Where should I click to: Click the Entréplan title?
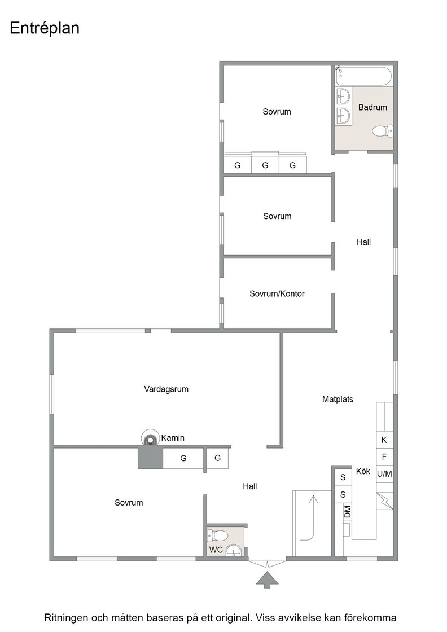pyautogui.click(x=45, y=28)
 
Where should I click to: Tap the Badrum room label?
pyautogui.click(x=373, y=107)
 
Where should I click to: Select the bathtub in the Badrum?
pyautogui.click(x=363, y=76)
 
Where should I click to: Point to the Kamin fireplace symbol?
pyautogui.click(x=150, y=438)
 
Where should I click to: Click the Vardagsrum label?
pyautogui.click(x=166, y=389)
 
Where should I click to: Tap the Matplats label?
pyautogui.click(x=338, y=399)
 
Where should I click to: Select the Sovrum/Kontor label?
pyautogui.click(x=277, y=293)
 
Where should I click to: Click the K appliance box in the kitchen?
pyautogui.click(x=384, y=440)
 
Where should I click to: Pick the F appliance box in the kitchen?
pyautogui.click(x=384, y=457)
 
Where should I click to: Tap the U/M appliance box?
pyautogui.click(x=384, y=474)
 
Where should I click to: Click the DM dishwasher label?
pyautogui.click(x=348, y=512)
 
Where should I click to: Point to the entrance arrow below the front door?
pyautogui.click(x=266, y=580)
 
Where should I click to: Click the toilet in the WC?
pyautogui.click(x=217, y=536)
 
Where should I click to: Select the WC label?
pyautogui.click(x=216, y=550)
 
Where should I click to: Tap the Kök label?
pyautogui.click(x=363, y=471)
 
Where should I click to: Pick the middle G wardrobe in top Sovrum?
pyautogui.click(x=265, y=165)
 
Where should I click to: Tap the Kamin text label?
pyautogui.click(x=173, y=438)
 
